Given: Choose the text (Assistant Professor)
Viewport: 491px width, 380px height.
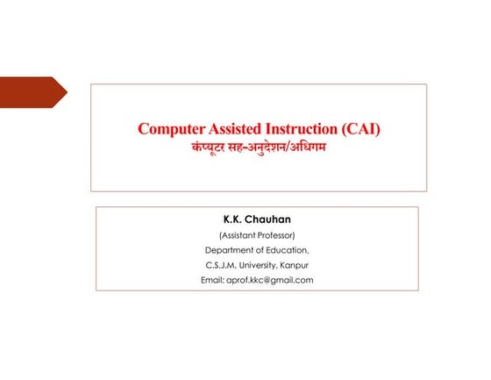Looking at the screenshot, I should pos(257,235).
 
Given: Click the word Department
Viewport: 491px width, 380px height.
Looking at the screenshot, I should pos(228,250).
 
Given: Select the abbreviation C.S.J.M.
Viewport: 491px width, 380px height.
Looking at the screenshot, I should pos(220,265).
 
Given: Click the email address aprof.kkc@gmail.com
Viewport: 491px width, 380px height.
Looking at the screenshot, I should pos(269,280).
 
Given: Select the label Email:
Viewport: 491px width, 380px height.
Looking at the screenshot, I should pos(212,280).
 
